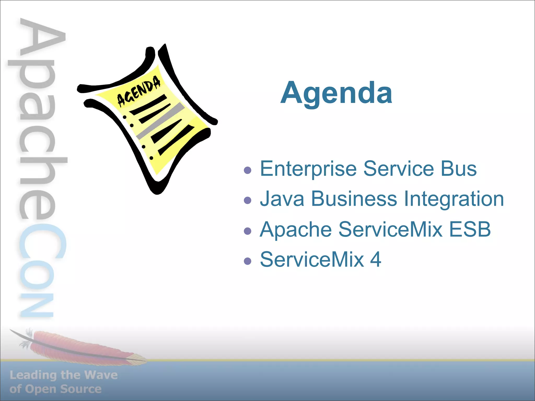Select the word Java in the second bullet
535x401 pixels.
282,199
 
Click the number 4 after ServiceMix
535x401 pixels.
375,260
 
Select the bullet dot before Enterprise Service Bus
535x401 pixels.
247,170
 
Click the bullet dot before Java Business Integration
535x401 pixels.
247,200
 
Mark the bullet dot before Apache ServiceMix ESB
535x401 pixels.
247,231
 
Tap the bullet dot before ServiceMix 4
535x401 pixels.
247,261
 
